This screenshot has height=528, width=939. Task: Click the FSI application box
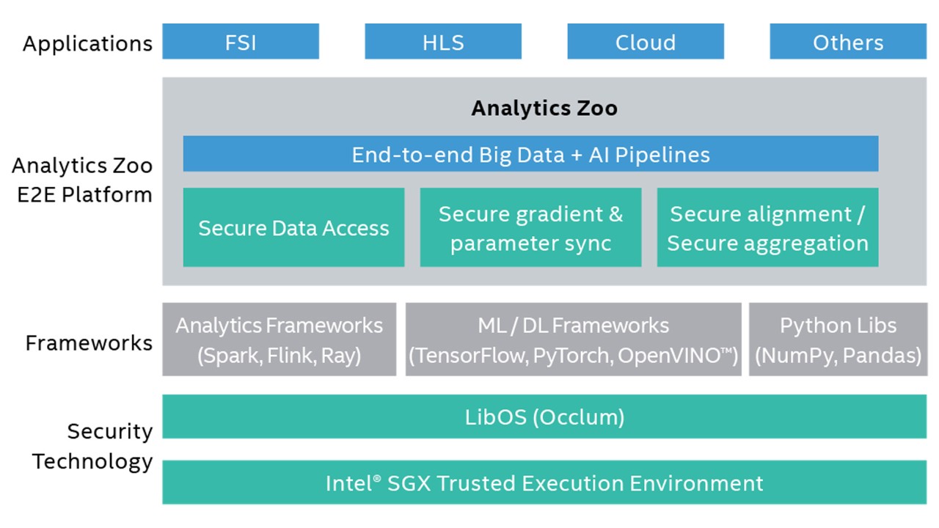click(x=241, y=42)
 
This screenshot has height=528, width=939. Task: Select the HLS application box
click(x=443, y=42)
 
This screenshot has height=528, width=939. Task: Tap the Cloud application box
click(x=646, y=42)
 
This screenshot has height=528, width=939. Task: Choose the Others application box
click(x=847, y=42)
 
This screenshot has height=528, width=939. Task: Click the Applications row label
click(x=87, y=43)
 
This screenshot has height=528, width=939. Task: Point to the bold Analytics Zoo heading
click(x=544, y=109)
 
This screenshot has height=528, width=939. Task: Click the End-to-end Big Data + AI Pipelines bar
click(x=530, y=154)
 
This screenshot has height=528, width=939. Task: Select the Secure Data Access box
click(x=293, y=227)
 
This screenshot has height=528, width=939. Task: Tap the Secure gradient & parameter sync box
click(x=530, y=227)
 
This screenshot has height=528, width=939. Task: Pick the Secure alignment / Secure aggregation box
click(x=767, y=227)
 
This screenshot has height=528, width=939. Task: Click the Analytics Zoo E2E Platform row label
click(x=82, y=180)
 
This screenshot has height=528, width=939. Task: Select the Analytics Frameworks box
click(x=279, y=340)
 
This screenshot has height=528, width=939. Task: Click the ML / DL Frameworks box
click(x=573, y=340)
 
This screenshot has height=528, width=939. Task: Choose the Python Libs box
click(x=838, y=340)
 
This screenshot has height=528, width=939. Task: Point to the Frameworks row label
click(x=89, y=342)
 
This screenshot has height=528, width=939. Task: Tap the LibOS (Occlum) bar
click(x=544, y=417)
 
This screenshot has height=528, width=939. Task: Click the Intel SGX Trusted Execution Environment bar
click(x=544, y=483)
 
